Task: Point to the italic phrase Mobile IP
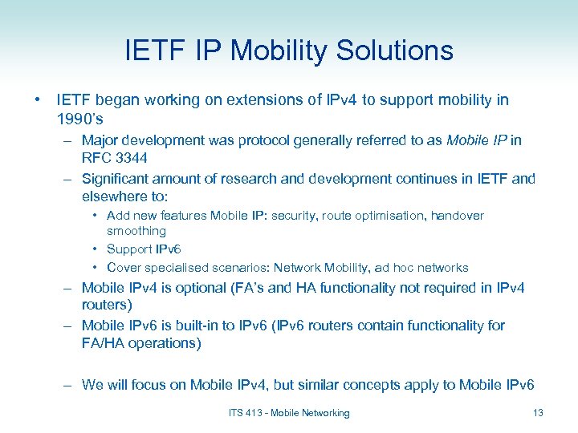coord(478,140)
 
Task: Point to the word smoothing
coord(136,231)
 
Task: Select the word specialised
coord(179,268)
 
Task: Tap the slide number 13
coord(537,413)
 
